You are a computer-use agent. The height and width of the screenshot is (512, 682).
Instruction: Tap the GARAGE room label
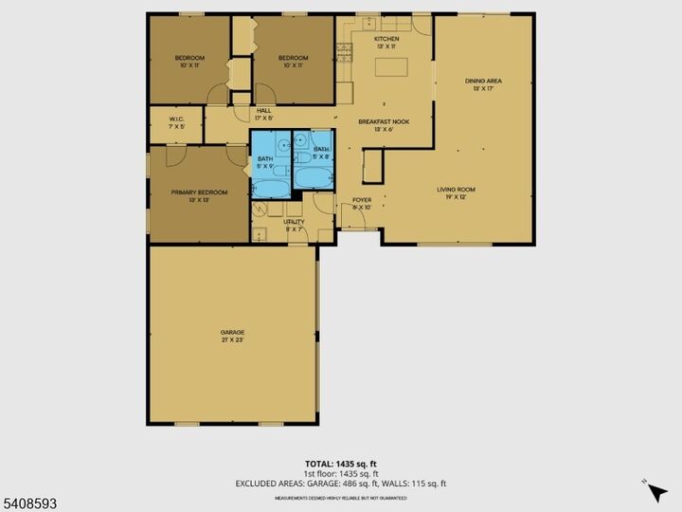coord(233,332)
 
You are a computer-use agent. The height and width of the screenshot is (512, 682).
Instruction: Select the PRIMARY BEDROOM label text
coord(199,192)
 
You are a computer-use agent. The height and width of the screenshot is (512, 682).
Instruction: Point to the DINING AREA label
coord(483,82)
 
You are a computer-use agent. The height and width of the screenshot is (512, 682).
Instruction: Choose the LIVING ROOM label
coord(456,190)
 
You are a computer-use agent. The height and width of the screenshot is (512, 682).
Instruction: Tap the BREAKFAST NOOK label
coord(384,122)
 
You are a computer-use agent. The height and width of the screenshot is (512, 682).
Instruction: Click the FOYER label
coord(361,200)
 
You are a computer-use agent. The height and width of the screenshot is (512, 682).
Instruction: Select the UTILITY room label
coord(294,222)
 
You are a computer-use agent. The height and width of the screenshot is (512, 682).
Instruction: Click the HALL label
coord(264,111)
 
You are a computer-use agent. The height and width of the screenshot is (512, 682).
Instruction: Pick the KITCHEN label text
coord(386,38)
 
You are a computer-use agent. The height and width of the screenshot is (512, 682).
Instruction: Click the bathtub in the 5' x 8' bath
coord(312,178)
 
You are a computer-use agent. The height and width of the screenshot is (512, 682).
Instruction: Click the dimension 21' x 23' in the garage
coord(233,339)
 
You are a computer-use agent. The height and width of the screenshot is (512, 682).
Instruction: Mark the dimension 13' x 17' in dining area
coord(483,89)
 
